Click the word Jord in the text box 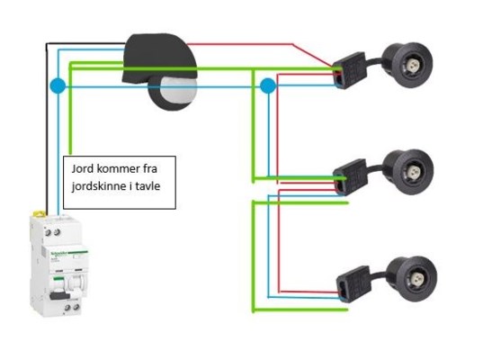[83, 169]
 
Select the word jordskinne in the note [98, 186]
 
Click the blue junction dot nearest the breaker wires [58, 85]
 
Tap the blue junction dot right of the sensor [268, 85]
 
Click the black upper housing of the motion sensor [159, 58]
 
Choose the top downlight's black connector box [350, 70]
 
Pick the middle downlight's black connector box [350, 177]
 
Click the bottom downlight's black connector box [353, 284]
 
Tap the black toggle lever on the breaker [59, 295]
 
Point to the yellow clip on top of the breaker [39, 214]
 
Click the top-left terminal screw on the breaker [48, 232]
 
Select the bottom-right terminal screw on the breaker [76, 307]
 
